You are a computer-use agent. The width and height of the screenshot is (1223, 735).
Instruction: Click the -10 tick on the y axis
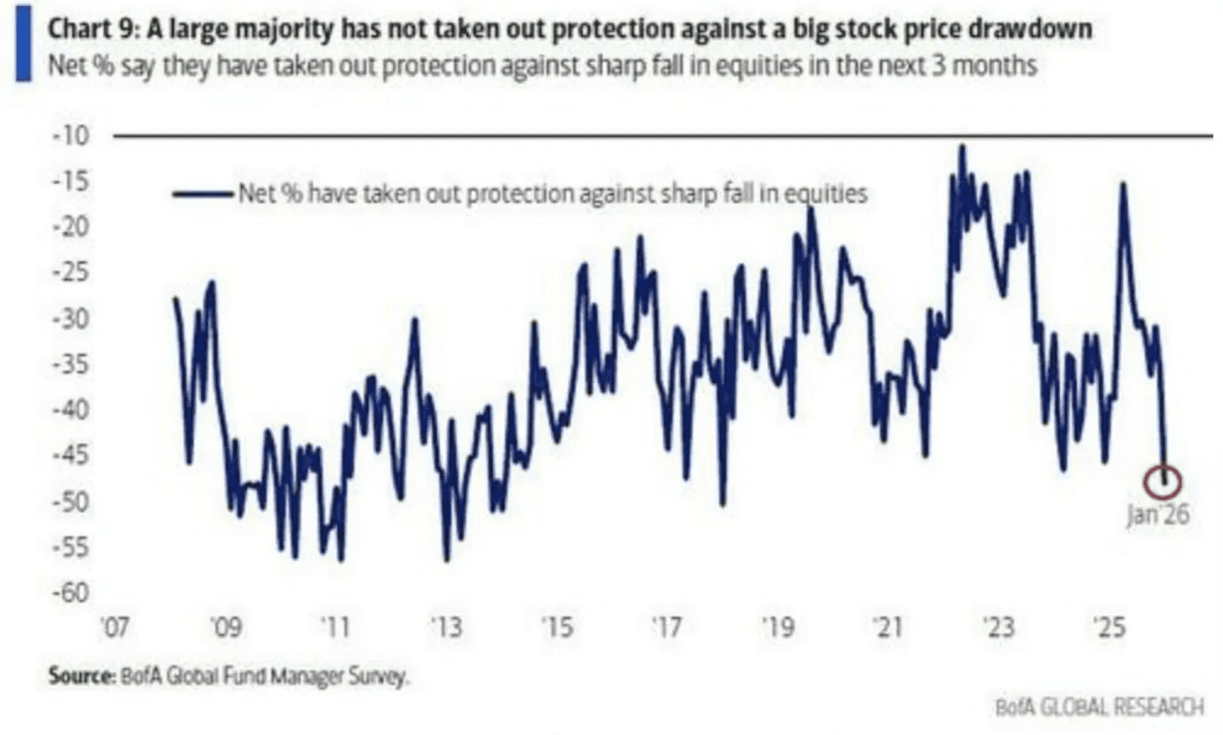71,135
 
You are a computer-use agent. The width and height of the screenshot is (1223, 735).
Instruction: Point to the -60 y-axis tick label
71,593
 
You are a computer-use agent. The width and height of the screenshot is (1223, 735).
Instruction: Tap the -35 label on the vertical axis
71,365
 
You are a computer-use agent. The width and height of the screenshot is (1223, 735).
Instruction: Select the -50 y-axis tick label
71,501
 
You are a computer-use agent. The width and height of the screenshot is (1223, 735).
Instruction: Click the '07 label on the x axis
114,627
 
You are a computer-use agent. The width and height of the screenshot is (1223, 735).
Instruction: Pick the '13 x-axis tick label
445,627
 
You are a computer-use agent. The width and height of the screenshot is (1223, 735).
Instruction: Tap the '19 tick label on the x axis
777,627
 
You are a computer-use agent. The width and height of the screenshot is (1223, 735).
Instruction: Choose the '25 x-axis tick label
1109,627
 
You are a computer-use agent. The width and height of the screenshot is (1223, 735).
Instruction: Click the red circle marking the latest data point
1163,482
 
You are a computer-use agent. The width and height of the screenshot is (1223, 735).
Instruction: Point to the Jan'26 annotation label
1157,514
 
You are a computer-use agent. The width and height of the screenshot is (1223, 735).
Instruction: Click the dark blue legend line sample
202,194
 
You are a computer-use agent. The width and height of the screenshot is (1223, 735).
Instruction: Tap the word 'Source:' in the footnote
81,675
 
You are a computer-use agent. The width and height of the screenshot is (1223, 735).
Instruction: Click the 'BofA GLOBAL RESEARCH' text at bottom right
1099,707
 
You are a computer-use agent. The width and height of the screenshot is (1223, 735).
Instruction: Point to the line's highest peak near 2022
962,148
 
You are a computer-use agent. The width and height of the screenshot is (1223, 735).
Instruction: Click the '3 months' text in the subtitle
984,66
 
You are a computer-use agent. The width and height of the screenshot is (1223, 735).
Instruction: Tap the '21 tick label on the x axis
887,627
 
